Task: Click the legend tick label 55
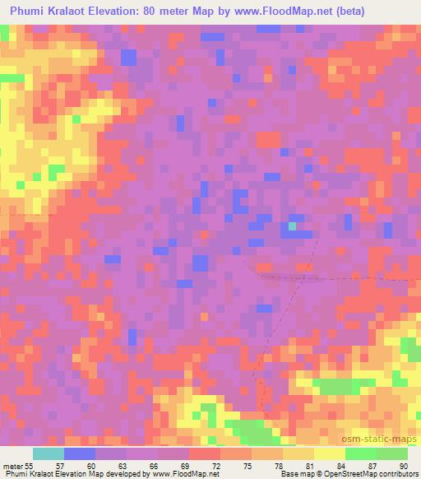click(30, 466)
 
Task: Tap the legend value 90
click(403, 466)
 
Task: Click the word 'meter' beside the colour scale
click(12, 466)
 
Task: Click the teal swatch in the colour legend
click(49, 453)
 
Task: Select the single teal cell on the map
click(293, 226)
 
